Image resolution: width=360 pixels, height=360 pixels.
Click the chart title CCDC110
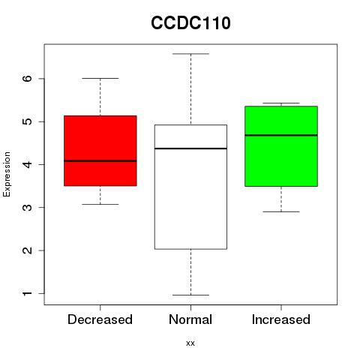pos(190,23)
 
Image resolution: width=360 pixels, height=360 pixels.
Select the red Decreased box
pos(100,151)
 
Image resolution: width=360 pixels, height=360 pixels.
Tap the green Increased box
pos(281,146)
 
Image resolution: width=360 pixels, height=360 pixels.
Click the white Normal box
pos(190,187)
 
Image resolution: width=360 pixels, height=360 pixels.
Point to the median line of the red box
pos(100,161)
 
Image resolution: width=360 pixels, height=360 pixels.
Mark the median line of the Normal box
pos(190,148)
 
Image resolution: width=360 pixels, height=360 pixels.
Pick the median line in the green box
pos(281,135)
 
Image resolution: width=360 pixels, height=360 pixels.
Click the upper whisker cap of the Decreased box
pos(100,78)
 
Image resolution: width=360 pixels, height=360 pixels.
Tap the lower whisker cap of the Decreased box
pos(100,204)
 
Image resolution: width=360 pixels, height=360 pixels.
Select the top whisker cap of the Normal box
pos(190,54)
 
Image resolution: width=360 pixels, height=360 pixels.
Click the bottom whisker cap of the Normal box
pos(190,295)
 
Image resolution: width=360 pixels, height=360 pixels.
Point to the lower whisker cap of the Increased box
pos(281,211)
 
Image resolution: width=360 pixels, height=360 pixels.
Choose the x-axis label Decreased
pos(100,319)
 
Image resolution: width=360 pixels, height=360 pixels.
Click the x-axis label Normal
pos(190,319)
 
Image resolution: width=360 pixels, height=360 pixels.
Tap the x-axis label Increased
pos(281,319)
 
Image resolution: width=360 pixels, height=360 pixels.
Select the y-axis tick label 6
pos(28,79)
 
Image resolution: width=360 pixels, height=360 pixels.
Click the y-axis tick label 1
pos(28,293)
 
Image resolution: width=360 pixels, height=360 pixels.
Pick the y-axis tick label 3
pos(28,207)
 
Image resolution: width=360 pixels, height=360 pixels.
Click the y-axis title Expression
pos(7,174)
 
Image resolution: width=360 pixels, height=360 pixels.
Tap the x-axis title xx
pos(190,343)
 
